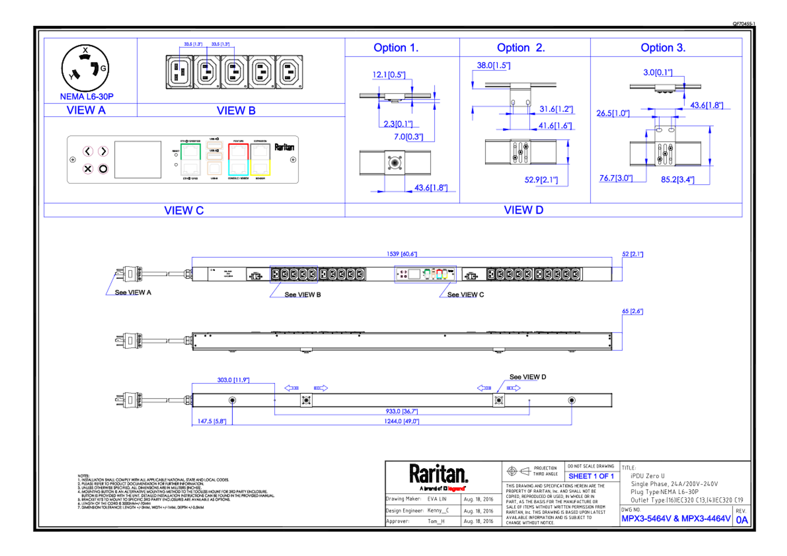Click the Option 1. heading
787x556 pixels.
click(x=396, y=48)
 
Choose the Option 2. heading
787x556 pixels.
click(x=520, y=48)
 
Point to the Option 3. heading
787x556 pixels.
click(x=663, y=48)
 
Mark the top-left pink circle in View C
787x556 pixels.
click(x=88, y=151)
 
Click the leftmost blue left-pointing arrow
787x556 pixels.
click(x=291, y=388)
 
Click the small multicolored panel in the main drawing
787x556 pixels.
click(x=425, y=274)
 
